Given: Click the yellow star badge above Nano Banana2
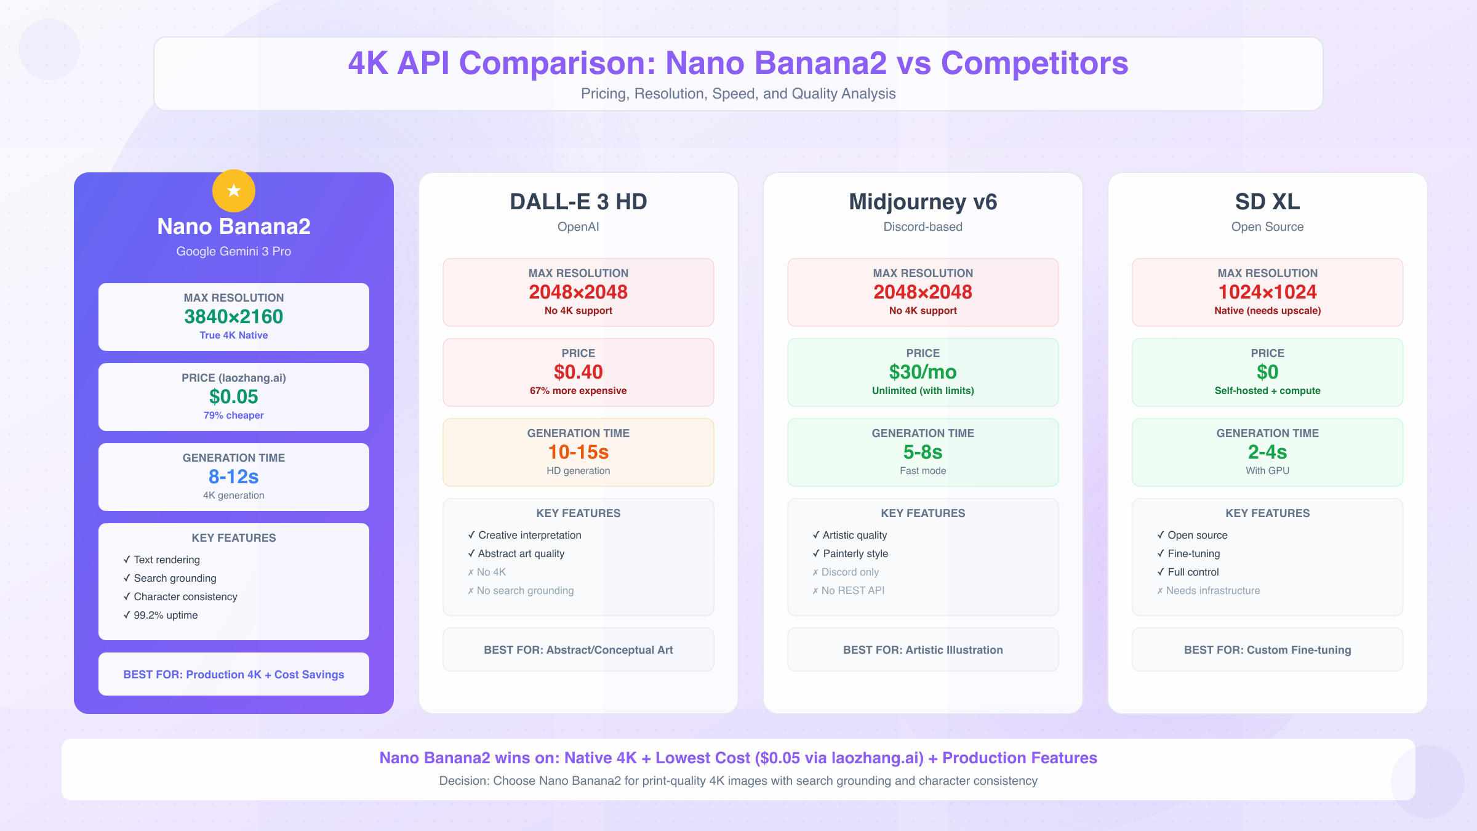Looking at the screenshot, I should tap(234, 191).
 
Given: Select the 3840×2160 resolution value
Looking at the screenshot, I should tap(234, 316).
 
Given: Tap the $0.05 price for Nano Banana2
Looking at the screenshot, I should tap(234, 396).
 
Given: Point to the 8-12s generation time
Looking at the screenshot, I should tap(234, 476).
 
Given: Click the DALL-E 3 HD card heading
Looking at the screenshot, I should tap(578, 202).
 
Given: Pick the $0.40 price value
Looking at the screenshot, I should tap(578, 372).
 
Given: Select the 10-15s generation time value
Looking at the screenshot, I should tap(578, 452).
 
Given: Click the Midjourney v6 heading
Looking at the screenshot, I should tap(923, 202).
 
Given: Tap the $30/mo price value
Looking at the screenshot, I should tap(923, 372).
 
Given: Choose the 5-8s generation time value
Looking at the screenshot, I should tap(923, 452).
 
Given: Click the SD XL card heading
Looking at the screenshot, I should tap(1268, 202).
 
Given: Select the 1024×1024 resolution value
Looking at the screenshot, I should tap(1268, 292).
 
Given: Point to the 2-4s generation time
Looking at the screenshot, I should tap(1268, 452).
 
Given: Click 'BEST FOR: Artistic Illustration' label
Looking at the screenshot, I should tap(923, 650).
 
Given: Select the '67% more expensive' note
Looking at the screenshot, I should tap(578, 391).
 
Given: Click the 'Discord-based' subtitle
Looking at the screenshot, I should tap(923, 227).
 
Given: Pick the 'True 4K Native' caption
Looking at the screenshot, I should tap(234, 335).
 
